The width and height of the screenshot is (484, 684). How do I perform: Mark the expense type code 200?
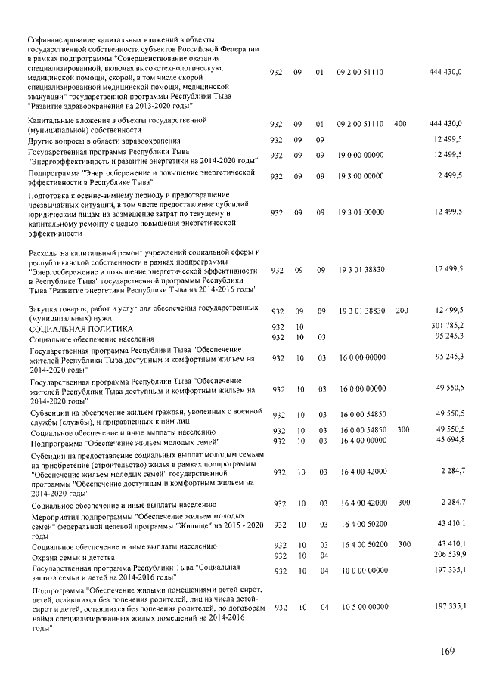pyautogui.click(x=402, y=311)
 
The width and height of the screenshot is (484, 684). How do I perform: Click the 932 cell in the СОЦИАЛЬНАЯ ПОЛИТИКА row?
pyautogui.click(x=277, y=327)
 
